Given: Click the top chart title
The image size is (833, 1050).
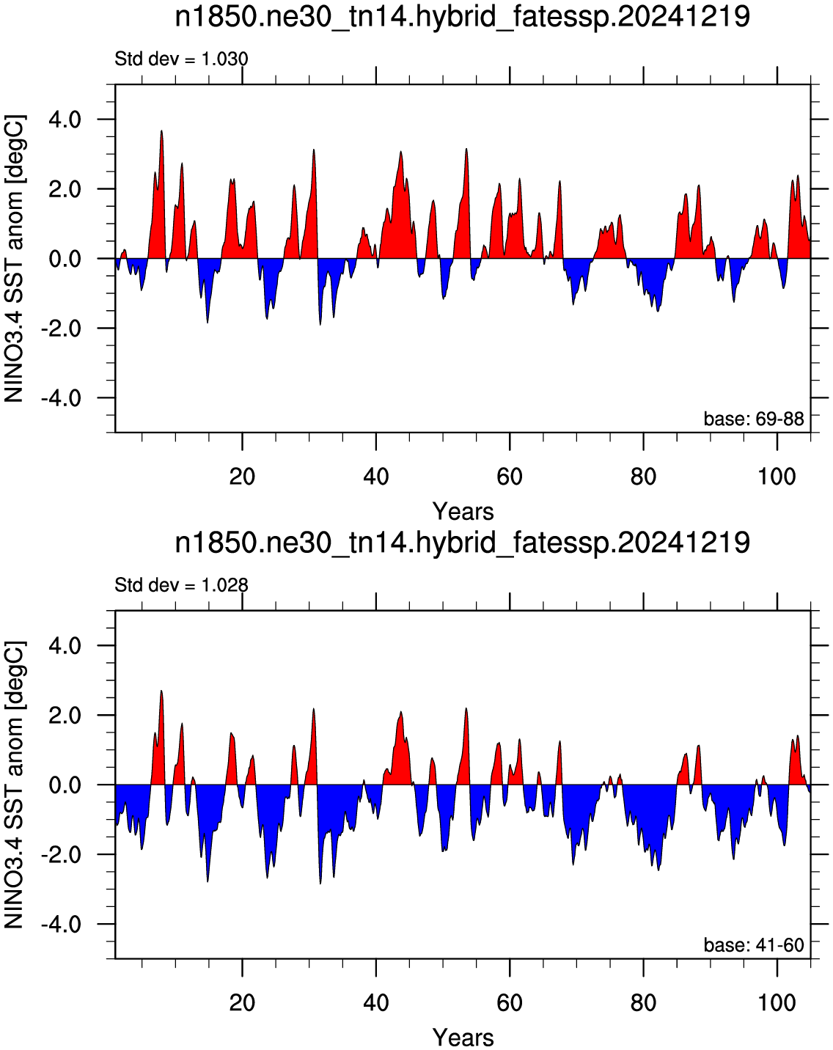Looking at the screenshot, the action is coord(462,18).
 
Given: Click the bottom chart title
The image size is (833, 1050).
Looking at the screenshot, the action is coord(462,543).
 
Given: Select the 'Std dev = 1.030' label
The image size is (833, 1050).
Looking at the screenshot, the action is coord(181,59).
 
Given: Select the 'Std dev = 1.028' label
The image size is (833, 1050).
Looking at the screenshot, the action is coord(181,585).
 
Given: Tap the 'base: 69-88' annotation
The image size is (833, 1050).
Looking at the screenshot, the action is coord(754,419).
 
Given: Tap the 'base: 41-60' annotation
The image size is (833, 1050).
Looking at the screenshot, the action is coord(754,945).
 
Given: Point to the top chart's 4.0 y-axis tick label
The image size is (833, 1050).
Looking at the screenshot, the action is coord(65,120).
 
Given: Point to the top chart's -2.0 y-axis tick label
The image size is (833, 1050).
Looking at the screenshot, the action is coord(61,328).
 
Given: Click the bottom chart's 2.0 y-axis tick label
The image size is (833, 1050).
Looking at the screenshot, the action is coord(65,716).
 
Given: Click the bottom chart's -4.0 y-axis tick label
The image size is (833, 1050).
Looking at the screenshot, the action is coord(61,924).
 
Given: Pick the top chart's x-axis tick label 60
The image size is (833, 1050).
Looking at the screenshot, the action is coord(510,476).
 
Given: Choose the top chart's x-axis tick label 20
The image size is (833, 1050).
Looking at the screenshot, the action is coord(242,476).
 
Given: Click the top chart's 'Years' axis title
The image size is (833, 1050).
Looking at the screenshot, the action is coord(463,512).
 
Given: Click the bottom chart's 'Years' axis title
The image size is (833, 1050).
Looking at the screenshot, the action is coord(463,1038).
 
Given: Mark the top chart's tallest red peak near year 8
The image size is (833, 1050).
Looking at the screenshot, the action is coord(161,131).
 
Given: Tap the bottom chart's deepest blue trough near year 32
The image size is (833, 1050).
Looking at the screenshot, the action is coord(320,884).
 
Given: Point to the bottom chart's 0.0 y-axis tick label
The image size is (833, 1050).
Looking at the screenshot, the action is coord(65,785).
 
